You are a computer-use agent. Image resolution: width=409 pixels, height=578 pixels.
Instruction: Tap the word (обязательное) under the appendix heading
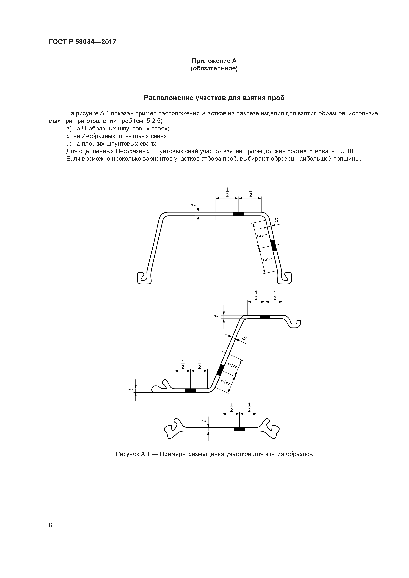coord(214,69)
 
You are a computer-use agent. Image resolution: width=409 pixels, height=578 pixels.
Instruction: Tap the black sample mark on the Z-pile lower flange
coord(190,390)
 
